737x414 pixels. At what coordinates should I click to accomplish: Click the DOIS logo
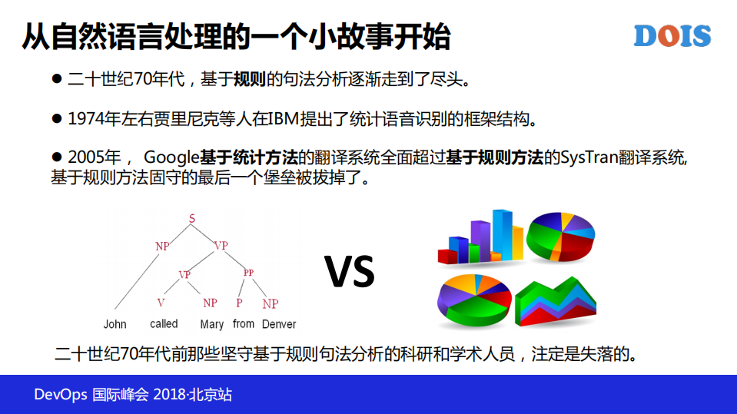[672, 36]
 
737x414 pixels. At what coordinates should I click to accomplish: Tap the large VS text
[350, 270]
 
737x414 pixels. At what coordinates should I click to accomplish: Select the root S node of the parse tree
[192, 220]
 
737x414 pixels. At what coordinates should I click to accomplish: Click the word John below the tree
[115, 324]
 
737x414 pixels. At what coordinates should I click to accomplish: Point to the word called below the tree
[164, 323]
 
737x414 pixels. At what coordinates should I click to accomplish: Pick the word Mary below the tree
[212, 324]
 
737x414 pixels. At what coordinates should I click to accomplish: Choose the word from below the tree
[244, 323]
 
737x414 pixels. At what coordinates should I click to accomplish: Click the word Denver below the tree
[279, 324]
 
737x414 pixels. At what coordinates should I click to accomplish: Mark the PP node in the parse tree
[248, 273]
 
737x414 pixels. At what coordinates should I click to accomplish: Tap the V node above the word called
[161, 303]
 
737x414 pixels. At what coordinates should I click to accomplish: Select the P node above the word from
[239, 303]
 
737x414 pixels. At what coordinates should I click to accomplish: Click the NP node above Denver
[270, 304]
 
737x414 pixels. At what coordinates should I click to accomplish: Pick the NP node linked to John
[162, 247]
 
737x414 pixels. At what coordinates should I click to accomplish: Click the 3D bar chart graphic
[482, 236]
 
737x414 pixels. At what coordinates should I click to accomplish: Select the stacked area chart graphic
[556, 300]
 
